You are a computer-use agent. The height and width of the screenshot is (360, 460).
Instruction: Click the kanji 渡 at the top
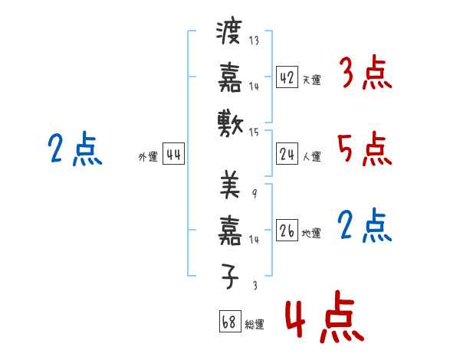pyautogui.click(x=230, y=34)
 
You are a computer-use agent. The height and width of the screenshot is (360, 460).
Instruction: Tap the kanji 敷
pyautogui.click(x=230, y=123)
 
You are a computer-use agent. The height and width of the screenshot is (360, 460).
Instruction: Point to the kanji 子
pyautogui.click(x=230, y=277)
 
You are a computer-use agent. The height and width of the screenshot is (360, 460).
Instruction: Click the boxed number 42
pyautogui.click(x=287, y=77)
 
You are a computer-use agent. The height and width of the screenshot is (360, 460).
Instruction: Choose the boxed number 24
pyautogui.click(x=287, y=155)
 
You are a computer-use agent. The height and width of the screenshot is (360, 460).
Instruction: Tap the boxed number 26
pyautogui.click(x=287, y=231)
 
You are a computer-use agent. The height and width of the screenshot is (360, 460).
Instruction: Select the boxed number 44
pyautogui.click(x=173, y=155)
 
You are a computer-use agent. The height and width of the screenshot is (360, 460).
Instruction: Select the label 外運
pyautogui.click(x=147, y=157)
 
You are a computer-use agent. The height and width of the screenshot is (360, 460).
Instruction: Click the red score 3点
pyautogui.click(x=365, y=75)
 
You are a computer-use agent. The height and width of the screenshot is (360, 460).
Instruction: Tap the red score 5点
pyautogui.click(x=365, y=149)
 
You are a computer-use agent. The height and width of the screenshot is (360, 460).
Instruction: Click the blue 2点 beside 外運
pyautogui.click(x=74, y=149)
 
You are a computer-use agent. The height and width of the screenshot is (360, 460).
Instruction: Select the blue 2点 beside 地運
pyautogui.click(x=365, y=226)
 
